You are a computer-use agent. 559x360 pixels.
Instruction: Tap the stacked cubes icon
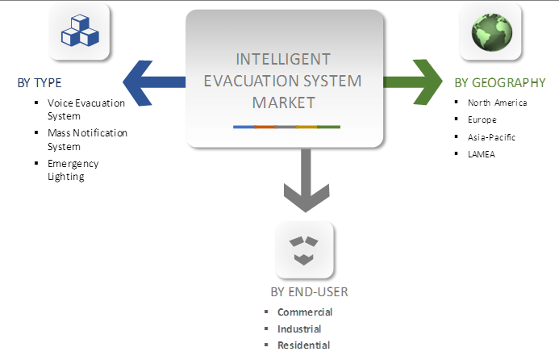click(x=79, y=30)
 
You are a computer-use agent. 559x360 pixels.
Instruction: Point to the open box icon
click(x=303, y=249)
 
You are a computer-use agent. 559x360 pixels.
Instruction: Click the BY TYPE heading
click(x=40, y=82)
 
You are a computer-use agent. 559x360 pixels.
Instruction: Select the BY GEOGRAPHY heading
click(x=499, y=82)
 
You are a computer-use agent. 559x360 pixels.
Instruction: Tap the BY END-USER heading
click(x=309, y=292)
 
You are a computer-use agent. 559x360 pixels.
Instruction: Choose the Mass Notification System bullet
click(x=87, y=140)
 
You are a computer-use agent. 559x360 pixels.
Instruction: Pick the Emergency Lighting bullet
click(x=73, y=170)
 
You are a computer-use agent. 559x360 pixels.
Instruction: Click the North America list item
click(x=499, y=103)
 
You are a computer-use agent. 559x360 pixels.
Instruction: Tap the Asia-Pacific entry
click(x=491, y=137)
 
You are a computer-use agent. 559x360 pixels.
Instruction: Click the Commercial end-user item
click(x=305, y=312)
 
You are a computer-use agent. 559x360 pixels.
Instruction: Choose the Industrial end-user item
click(x=299, y=329)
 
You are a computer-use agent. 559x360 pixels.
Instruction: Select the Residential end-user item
click(x=303, y=345)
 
